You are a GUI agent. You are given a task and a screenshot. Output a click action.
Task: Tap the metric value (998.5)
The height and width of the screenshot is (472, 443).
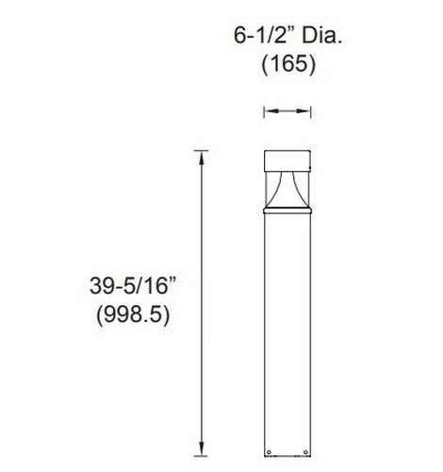pos(133,317)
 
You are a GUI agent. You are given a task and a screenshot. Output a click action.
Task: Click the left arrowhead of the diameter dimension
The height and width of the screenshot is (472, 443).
pos(267,112)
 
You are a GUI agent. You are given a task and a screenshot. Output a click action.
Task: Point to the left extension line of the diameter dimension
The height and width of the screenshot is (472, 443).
pos(263,112)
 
